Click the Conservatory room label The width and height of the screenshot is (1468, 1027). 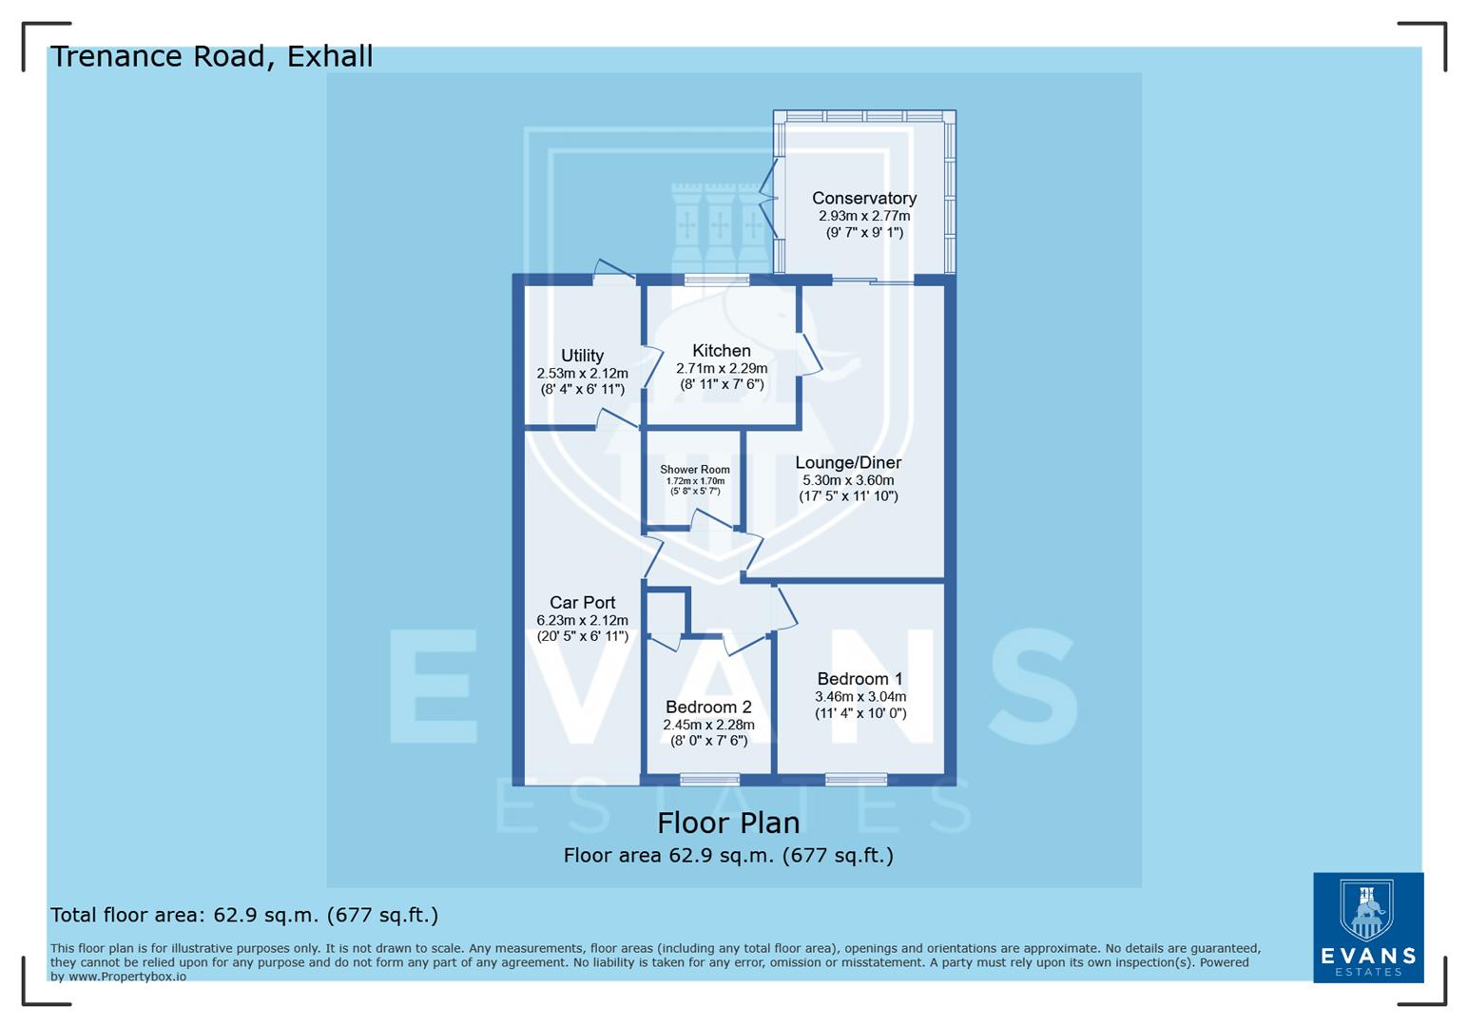click(x=863, y=198)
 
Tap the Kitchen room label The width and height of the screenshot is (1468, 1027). click(x=721, y=351)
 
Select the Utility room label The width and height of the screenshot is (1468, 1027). click(x=582, y=356)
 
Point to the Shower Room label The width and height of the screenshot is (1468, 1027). click(x=695, y=470)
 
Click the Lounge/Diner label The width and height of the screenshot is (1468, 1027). click(x=848, y=463)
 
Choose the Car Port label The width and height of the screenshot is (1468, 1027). click(x=582, y=603)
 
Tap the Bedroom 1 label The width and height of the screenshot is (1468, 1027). click(x=860, y=679)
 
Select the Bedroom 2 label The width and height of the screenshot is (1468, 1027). click(x=708, y=707)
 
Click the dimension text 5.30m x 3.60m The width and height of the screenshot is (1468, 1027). click(x=848, y=480)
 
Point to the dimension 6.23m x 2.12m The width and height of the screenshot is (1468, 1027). click(x=582, y=620)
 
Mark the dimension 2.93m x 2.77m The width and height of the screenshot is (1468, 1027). click(x=863, y=216)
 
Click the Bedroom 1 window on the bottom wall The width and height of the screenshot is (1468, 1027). click(x=856, y=780)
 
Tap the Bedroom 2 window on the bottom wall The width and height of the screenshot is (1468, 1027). click(x=709, y=780)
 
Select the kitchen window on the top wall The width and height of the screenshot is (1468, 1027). click(x=716, y=280)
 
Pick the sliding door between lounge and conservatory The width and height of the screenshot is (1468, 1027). click(x=873, y=281)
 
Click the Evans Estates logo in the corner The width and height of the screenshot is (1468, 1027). click(x=1367, y=927)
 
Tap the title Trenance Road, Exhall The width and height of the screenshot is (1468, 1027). click(x=211, y=57)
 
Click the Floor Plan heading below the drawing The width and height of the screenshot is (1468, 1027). click(x=728, y=823)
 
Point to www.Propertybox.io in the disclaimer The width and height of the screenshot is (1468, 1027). click(x=126, y=977)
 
